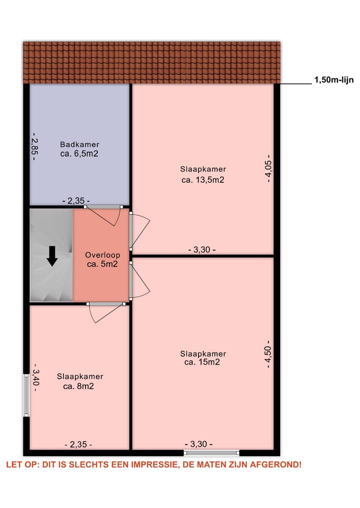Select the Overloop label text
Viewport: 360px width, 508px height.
point(102,255)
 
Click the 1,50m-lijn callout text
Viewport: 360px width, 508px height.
point(334,79)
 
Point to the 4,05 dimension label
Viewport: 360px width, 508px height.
point(269,168)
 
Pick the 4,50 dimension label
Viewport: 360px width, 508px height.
point(269,354)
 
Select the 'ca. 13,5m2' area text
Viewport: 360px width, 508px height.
point(202,180)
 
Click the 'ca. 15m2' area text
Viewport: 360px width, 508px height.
point(202,363)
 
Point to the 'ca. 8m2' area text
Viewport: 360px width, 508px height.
point(79,386)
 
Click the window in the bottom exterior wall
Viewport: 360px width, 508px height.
point(211,453)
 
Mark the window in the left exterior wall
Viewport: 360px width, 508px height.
point(26,395)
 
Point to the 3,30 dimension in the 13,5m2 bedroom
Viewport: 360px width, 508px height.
point(201,250)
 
